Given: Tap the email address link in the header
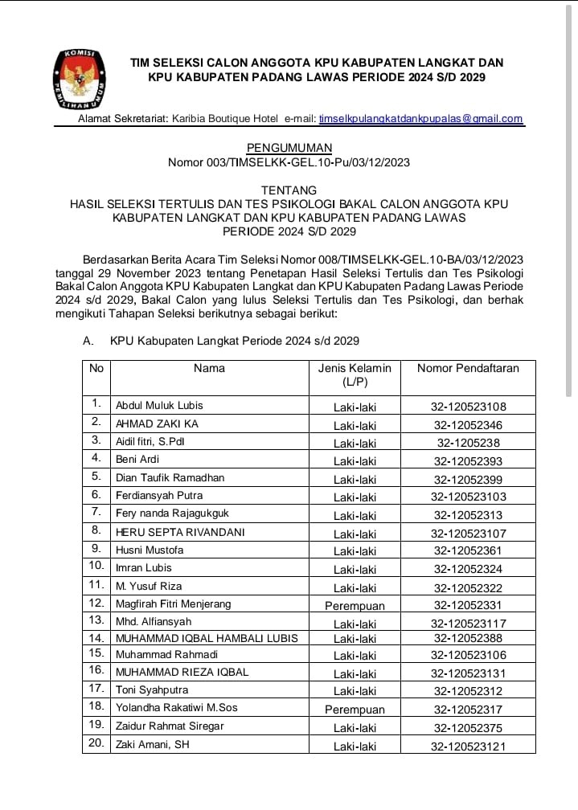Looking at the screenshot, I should [420, 119].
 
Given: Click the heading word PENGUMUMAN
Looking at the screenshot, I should [289, 148].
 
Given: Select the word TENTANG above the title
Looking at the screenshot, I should [289, 190].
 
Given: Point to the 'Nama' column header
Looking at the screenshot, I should [209, 369].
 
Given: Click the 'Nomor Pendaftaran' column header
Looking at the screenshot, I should [468, 369].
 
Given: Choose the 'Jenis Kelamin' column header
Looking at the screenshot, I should [355, 375].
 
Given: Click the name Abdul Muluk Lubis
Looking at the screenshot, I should [159, 406].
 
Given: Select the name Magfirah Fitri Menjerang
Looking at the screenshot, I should [173, 603].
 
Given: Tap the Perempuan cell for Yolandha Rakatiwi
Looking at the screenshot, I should [355, 710].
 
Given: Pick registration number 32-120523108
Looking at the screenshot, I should [469, 407].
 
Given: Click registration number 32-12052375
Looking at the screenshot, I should [469, 727].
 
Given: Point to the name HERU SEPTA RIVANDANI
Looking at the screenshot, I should [180, 532].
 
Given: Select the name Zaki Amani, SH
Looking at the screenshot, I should [153, 744].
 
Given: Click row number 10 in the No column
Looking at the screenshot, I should [96, 567].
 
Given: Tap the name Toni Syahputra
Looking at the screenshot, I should [152, 690].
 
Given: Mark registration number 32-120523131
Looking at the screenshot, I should [469, 673].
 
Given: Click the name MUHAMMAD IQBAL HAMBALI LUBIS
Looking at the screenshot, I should [207, 638].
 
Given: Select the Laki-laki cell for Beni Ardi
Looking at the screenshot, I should [355, 461].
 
